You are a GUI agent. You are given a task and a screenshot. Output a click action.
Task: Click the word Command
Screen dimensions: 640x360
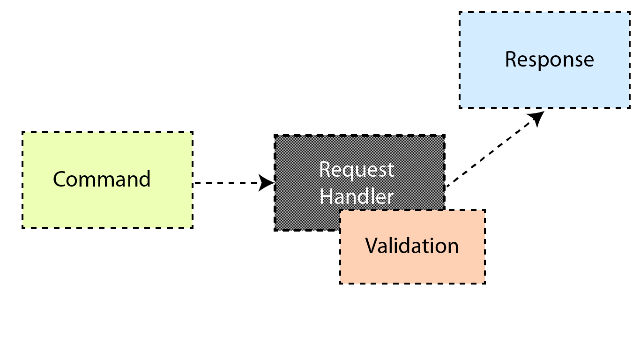click(x=102, y=179)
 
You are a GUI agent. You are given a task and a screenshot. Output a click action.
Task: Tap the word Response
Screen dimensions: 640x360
click(x=550, y=60)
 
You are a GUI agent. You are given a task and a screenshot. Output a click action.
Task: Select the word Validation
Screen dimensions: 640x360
click(x=412, y=246)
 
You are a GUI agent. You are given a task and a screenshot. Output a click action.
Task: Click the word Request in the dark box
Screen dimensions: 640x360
click(x=357, y=170)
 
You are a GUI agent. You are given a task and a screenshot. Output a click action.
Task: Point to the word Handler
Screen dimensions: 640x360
click(x=357, y=196)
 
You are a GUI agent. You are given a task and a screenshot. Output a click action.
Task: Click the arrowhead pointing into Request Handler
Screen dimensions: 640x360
click(x=266, y=183)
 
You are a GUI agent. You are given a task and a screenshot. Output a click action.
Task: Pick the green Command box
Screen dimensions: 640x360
click(x=107, y=180)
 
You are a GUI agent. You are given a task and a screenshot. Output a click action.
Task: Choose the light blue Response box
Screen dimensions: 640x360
click(x=544, y=60)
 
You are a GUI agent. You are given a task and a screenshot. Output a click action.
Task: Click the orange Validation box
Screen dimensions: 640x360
click(x=412, y=247)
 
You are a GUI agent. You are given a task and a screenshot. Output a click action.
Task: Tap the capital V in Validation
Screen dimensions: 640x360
click(x=372, y=245)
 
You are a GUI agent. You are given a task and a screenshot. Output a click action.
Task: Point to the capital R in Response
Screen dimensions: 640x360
click(x=511, y=60)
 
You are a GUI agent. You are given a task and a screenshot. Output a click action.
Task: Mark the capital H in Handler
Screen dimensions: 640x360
click(x=326, y=196)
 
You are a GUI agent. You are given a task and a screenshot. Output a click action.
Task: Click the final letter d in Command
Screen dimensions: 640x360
click(x=145, y=179)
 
